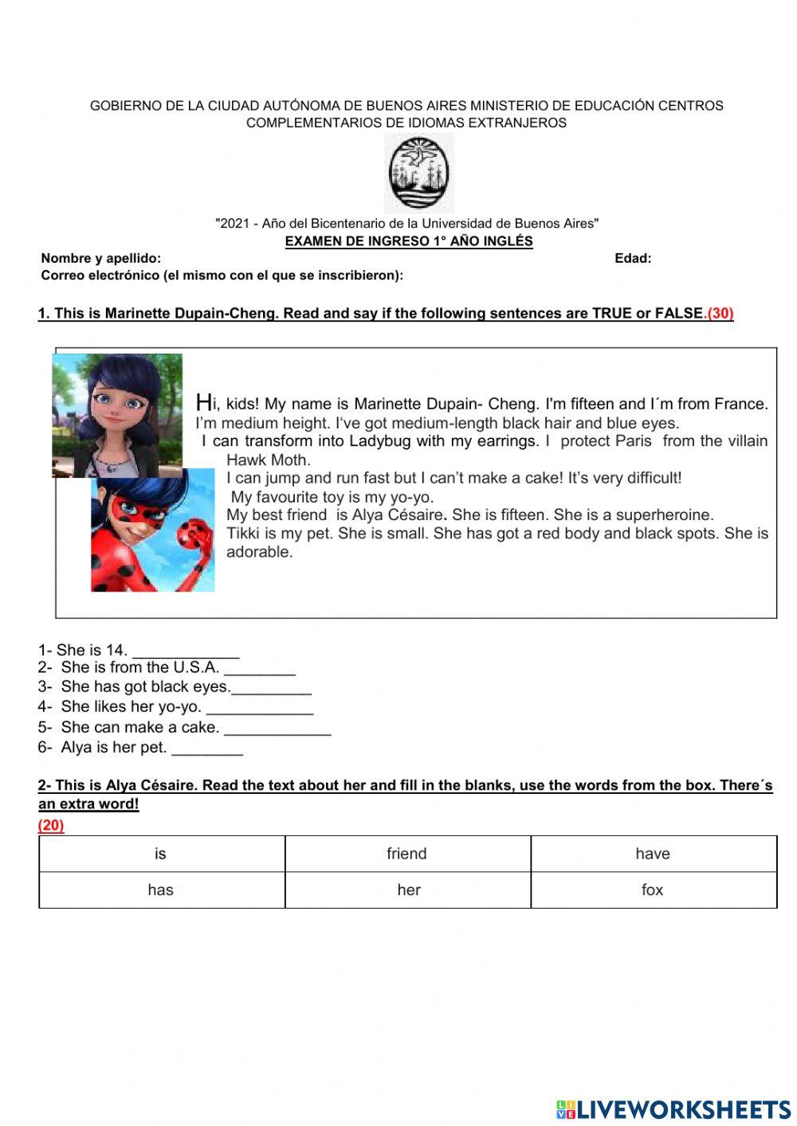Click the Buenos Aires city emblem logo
(x=419, y=173)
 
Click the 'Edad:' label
(x=633, y=258)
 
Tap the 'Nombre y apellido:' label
(x=101, y=258)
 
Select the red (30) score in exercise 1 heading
(x=720, y=313)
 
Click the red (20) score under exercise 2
(x=51, y=825)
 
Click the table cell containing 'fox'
(x=653, y=889)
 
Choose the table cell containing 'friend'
(x=407, y=854)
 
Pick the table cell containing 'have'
(x=653, y=854)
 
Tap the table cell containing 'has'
(x=161, y=889)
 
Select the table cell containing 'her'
(x=407, y=889)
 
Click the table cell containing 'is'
(x=161, y=854)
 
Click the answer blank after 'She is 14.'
(x=186, y=651)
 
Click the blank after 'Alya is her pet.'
(x=207, y=749)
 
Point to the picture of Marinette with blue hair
(x=117, y=414)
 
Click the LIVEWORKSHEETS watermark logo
(x=673, y=1109)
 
